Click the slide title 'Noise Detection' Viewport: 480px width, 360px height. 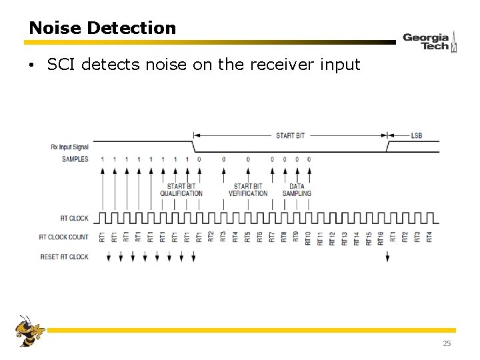(102, 28)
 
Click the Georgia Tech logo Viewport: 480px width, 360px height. (429, 41)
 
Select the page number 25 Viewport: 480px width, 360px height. (447, 343)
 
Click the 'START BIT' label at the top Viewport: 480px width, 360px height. (290, 135)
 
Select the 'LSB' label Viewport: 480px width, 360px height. (416, 135)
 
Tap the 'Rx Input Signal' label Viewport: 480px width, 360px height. (69, 146)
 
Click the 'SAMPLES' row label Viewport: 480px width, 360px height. (75, 159)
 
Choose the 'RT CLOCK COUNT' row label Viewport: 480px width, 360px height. (63, 237)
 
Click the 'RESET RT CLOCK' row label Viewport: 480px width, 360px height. (64, 257)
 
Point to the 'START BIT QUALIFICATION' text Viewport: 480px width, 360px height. (181, 190)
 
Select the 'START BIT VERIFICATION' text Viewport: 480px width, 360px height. (248, 190)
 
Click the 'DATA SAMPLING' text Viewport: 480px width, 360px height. (297, 190)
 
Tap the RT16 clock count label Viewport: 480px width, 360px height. (380, 237)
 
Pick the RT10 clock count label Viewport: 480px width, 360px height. (308, 237)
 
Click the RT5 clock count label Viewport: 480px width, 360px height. (247, 237)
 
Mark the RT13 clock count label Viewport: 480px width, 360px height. (344, 237)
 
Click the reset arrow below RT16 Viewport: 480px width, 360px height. (387, 257)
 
